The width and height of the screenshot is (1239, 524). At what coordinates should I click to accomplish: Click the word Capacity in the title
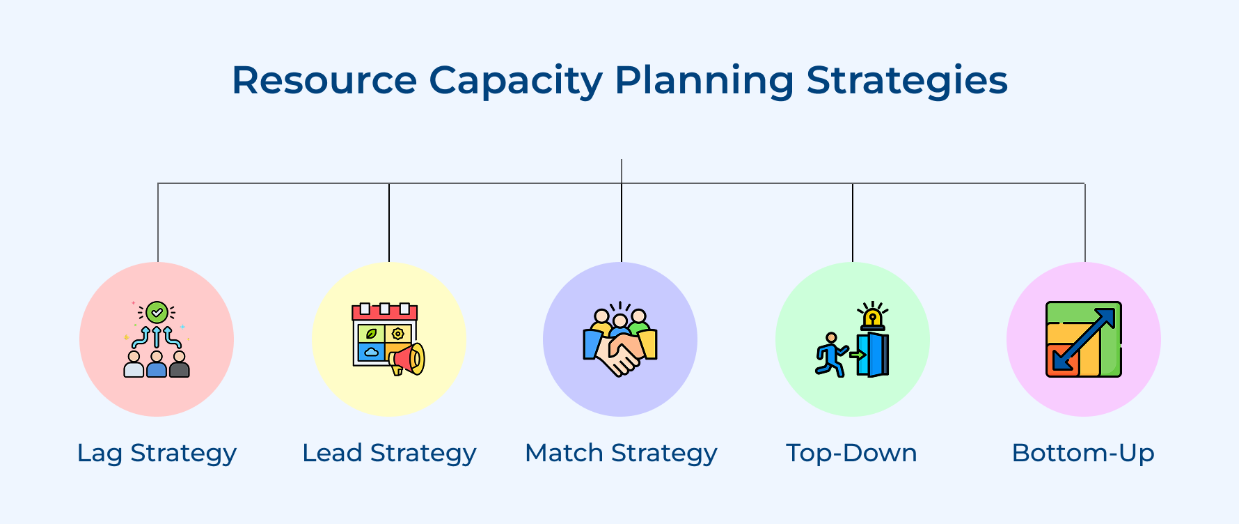click(515, 81)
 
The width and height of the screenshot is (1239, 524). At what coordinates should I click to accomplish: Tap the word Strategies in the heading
click(906, 81)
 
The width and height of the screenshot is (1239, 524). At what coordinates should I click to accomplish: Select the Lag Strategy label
click(157, 453)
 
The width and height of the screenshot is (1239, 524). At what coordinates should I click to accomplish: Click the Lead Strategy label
click(389, 453)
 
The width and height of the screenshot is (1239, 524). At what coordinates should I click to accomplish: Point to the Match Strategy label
click(621, 453)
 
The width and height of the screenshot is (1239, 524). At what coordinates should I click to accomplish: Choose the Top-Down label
click(851, 453)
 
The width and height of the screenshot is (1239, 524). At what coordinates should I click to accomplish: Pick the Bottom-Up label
click(1083, 453)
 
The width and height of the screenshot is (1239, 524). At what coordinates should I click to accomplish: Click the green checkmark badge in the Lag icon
click(157, 312)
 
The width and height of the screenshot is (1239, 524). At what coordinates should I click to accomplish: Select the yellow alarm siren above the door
click(872, 318)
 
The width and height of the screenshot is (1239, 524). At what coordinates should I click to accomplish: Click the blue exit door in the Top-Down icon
click(875, 355)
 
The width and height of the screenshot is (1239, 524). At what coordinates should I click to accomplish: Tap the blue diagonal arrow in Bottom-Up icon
click(1084, 339)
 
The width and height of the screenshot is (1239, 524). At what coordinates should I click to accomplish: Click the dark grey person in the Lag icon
click(180, 365)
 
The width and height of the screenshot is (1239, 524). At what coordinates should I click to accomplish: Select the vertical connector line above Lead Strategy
click(389, 223)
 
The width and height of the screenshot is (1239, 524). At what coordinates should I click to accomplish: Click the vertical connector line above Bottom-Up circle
click(1084, 223)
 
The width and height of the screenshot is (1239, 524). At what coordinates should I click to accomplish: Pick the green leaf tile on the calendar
click(371, 334)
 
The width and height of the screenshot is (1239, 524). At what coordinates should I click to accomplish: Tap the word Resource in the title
click(324, 81)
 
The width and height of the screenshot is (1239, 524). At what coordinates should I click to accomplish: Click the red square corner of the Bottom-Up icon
click(1058, 363)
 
